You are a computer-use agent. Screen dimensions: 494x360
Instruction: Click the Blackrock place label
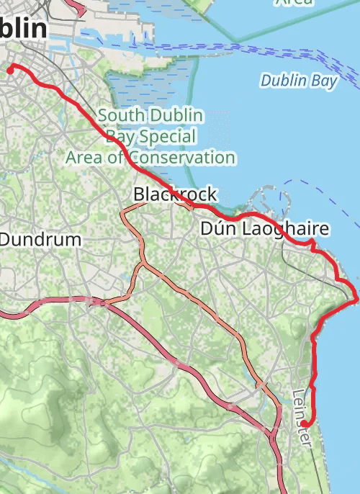point(174,194)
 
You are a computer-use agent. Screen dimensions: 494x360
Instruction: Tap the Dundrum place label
point(40,239)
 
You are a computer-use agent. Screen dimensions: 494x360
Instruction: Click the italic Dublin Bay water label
point(299,81)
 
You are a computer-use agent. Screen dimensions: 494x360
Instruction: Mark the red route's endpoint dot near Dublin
point(11,69)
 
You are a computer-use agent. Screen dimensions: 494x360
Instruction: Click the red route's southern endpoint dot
point(305,423)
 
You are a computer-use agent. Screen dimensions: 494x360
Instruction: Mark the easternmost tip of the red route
point(356,299)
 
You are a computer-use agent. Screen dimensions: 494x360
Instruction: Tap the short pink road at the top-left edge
point(77,7)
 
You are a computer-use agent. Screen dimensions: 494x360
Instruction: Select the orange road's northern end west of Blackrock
point(125,212)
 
